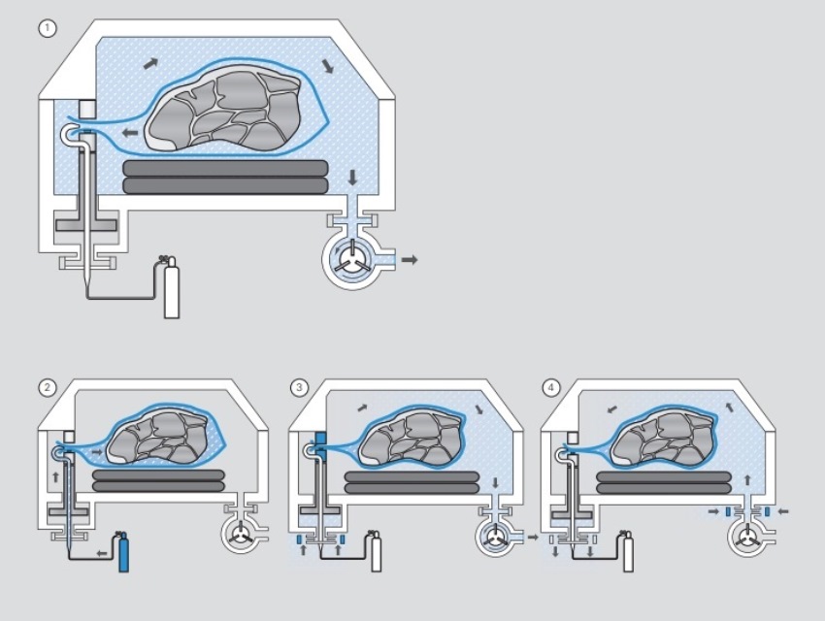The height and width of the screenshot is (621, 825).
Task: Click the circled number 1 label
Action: [x=48, y=28]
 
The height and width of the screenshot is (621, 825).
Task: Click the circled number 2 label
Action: [x=47, y=387]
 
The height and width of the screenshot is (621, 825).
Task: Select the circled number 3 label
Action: [x=299, y=387]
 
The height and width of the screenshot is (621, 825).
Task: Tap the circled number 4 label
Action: [x=551, y=387]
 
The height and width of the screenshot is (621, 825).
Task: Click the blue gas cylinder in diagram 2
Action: [x=123, y=552]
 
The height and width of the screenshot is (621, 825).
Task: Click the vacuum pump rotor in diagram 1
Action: [x=349, y=258]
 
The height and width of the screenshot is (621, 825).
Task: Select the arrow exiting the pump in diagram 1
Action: [x=410, y=260]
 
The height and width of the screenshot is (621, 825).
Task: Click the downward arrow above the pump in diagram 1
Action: [x=352, y=178]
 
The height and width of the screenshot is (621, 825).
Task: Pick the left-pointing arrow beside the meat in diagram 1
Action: [x=129, y=133]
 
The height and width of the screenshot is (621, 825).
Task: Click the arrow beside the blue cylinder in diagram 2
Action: [x=102, y=553]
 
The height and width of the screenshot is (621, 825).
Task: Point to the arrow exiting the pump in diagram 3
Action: [x=533, y=537]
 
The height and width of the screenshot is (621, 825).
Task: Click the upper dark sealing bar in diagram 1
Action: [x=226, y=168]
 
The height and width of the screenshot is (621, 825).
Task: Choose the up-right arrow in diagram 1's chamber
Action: [x=151, y=64]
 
